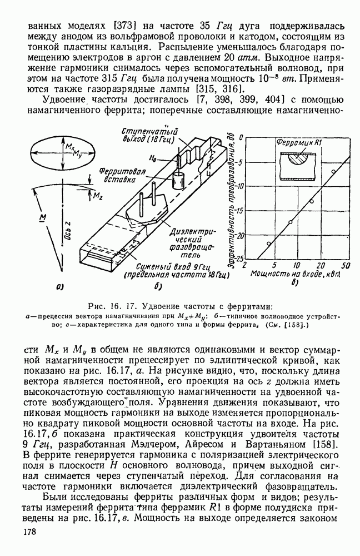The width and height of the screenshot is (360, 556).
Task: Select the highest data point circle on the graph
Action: tap(333, 172)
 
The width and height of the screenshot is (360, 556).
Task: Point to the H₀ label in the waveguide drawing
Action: tap(154, 158)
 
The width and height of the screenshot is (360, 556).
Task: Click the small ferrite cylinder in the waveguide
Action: tap(178, 181)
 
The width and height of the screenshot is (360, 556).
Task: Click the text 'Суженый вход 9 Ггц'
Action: tap(159, 265)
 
